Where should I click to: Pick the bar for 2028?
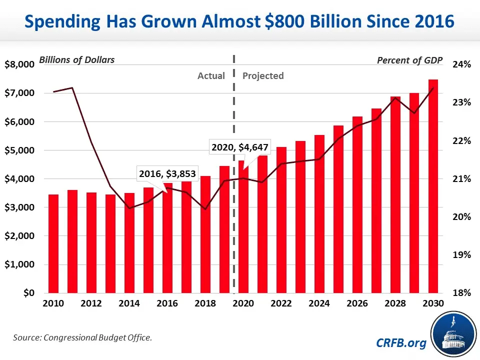[395, 194]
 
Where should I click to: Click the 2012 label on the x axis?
[91, 304]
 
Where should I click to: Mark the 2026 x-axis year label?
[357, 304]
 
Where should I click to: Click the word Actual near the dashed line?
[211, 76]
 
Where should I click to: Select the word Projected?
[263, 76]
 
